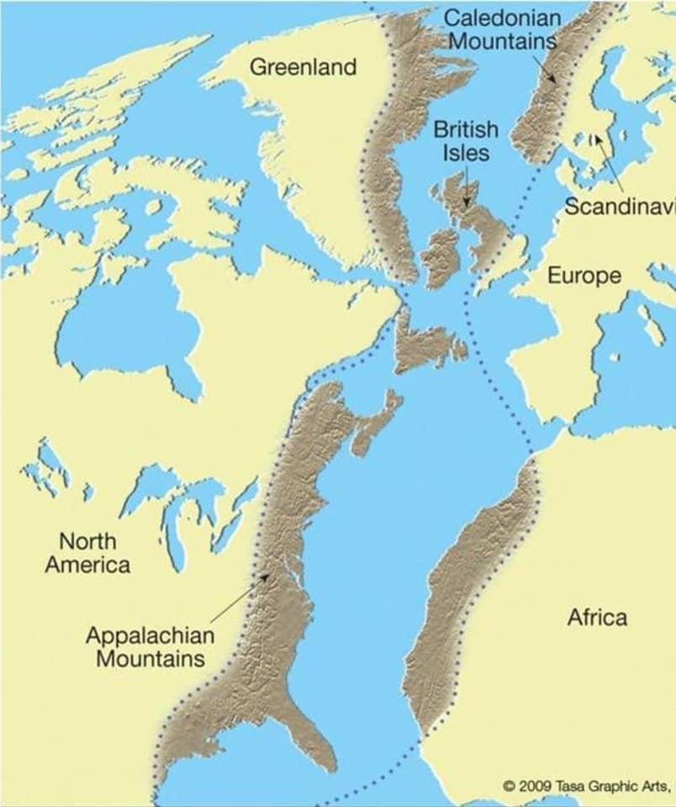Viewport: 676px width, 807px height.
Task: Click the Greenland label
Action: tap(304, 67)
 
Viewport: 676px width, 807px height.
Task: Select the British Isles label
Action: tap(466, 141)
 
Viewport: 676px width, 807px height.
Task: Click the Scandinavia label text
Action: tap(619, 206)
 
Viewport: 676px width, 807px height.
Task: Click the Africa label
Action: tap(596, 618)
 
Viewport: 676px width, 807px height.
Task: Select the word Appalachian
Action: tap(150, 636)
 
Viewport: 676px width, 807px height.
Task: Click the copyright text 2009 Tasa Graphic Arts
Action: tap(588, 786)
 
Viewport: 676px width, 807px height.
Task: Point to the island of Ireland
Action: tap(441, 256)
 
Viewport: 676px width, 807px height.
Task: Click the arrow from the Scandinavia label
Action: tap(609, 164)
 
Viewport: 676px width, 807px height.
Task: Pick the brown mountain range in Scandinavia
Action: tap(555, 92)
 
